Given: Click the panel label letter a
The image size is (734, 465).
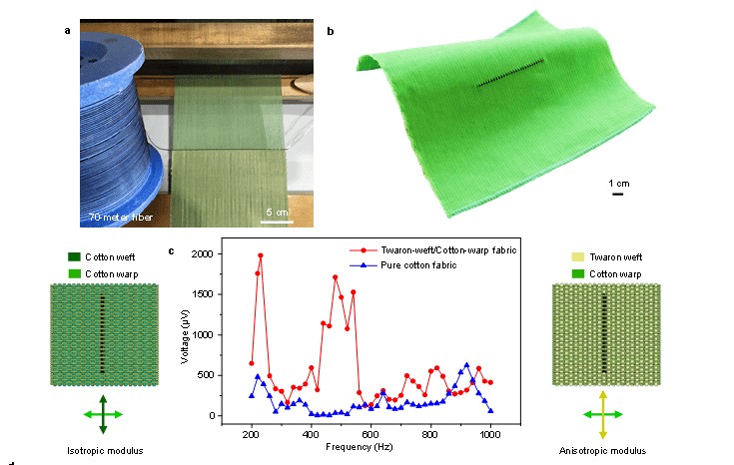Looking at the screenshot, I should (68, 31).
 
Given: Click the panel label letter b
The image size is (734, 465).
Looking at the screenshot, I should (332, 31).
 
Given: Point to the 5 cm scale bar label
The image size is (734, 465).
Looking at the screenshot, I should (277, 211).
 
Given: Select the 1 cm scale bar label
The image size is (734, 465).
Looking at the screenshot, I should (617, 183).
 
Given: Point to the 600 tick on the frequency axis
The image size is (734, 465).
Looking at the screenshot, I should (371, 435).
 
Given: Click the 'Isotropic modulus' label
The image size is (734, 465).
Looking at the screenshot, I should (102, 451).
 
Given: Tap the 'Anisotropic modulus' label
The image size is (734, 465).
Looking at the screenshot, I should (600, 451).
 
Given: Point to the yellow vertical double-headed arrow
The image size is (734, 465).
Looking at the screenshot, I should (601, 415).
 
